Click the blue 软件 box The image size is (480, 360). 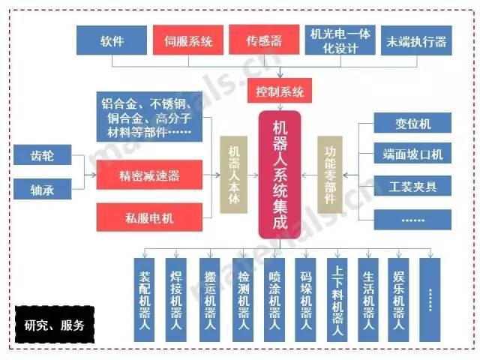pyautogui.click(x=112, y=40)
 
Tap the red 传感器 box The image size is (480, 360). pyautogui.click(x=264, y=40)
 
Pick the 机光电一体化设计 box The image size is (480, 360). pyautogui.click(x=340, y=40)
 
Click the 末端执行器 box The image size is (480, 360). pyautogui.click(x=415, y=40)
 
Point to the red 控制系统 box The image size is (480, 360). pyautogui.click(x=280, y=93)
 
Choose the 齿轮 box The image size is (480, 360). pyautogui.click(x=42, y=156)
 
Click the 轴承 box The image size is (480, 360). pyautogui.click(x=42, y=187)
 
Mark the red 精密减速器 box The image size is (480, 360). pyautogui.click(x=150, y=175)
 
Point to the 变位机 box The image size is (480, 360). pyautogui.click(x=413, y=123)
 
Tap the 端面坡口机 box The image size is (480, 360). pyautogui.click(x=413, y=154)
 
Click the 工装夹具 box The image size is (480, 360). pyautogui.click(x=413, y=186)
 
